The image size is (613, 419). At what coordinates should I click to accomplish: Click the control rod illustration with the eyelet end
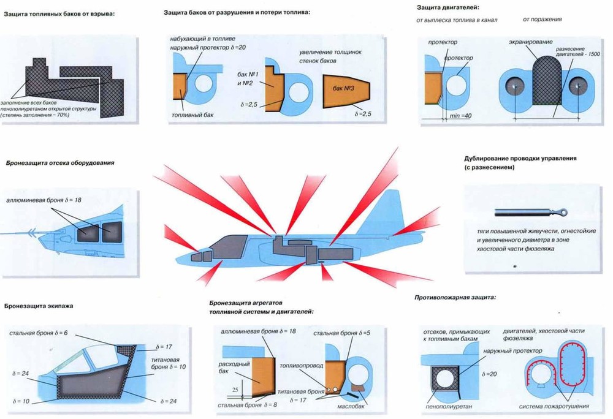click(530, 213)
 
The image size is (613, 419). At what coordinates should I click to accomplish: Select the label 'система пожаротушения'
click(554, 406)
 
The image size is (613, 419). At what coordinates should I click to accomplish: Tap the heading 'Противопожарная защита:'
click(455, 297)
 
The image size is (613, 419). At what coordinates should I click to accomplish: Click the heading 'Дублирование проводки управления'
click(520, 158)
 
